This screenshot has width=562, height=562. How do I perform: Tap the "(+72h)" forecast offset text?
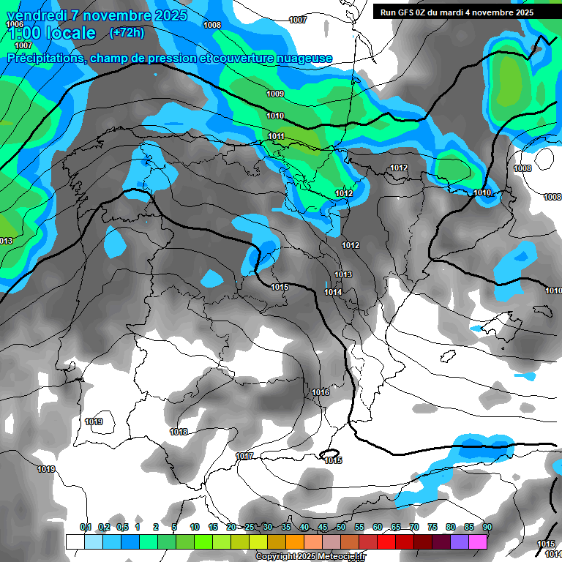(127, 32)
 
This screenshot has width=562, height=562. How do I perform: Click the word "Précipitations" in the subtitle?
(45, 58)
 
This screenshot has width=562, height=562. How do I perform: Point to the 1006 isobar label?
(15, 24)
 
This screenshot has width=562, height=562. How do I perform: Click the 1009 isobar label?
(275, 94)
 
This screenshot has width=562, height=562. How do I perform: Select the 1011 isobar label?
(276, 137)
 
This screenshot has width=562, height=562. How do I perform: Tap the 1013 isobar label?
(343, 274)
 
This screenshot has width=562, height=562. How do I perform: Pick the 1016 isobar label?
(321, 393)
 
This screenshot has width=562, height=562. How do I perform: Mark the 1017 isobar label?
(244, 456)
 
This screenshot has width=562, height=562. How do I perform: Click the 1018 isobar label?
(179, 432)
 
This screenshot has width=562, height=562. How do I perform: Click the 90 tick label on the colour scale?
(487, 527)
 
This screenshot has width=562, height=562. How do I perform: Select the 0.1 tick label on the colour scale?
(85, 527)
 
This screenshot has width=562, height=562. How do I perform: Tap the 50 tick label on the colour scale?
(341, 527)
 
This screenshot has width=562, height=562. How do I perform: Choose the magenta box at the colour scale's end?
(478, 542)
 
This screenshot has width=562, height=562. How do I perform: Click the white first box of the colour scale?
(75, 542)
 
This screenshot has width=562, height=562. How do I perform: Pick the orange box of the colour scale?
(294, 542)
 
